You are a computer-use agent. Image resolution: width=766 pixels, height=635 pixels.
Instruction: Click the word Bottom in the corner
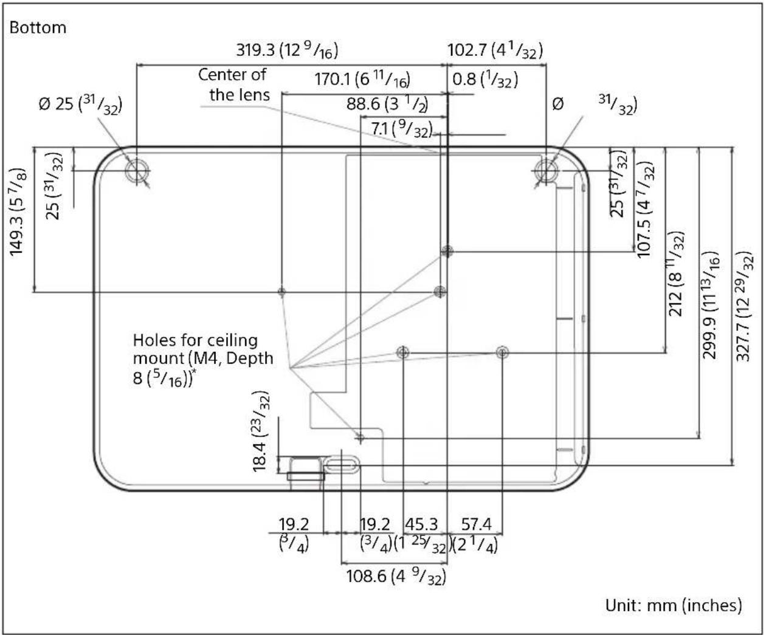pyautogui.click(x=38, y=28)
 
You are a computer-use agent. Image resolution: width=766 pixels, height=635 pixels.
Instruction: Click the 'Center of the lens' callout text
pyautogui.click(x=233, y=84)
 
